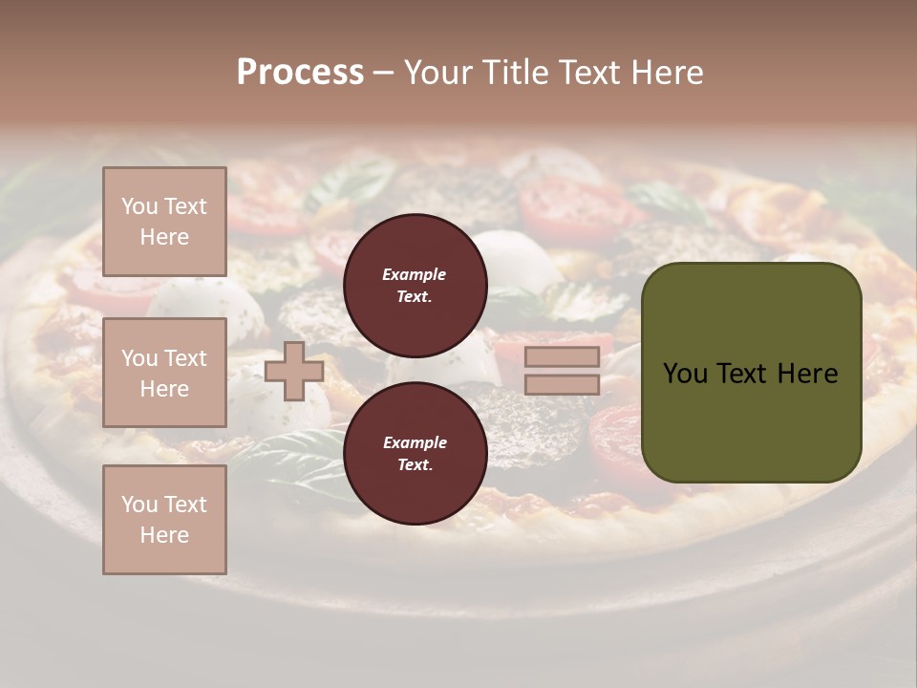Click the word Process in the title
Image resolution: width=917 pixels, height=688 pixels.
pyautogui.click(x=300, y=72)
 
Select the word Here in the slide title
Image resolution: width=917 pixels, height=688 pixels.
pyautogui.click(x=665, y=72)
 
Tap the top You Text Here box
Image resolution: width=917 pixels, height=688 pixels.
pyautogui.click(x=164, y=222)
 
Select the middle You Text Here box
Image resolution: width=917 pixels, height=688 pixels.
pyautogui.click(x=164, y=373)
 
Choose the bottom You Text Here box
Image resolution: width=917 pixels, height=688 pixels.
pyautogui.click(x=164, y=520)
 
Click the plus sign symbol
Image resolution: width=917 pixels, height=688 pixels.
pyautogui.click(x=293, y=371)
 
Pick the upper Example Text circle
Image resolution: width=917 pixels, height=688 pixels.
pyautogui.click(x=415, y=286)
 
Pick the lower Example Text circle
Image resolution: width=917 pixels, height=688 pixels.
pyautogui.click(x=415, y=454)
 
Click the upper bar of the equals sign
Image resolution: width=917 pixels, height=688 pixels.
pyautogui.click(x=562, y=357)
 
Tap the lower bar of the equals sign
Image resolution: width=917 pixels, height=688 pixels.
pyautogui.click(x=562, y=384)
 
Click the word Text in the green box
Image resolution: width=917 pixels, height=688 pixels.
pyautogui.click(x=749, y=374)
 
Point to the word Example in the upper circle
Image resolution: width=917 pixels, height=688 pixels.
pyautogui.click(x=415, y=274)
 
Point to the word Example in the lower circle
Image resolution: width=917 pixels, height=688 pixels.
pyautogui.click(x=415, y=442)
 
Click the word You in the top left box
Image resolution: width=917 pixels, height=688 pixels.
pyautogui.click(x=139, y=206)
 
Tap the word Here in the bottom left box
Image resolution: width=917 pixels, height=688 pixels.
pyautogui.click(x=164, y=535)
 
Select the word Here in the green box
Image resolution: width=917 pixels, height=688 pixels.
pyautogui.click(x=808, y=374)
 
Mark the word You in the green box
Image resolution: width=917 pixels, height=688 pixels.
pyautogui.click(x=685, y=374)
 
